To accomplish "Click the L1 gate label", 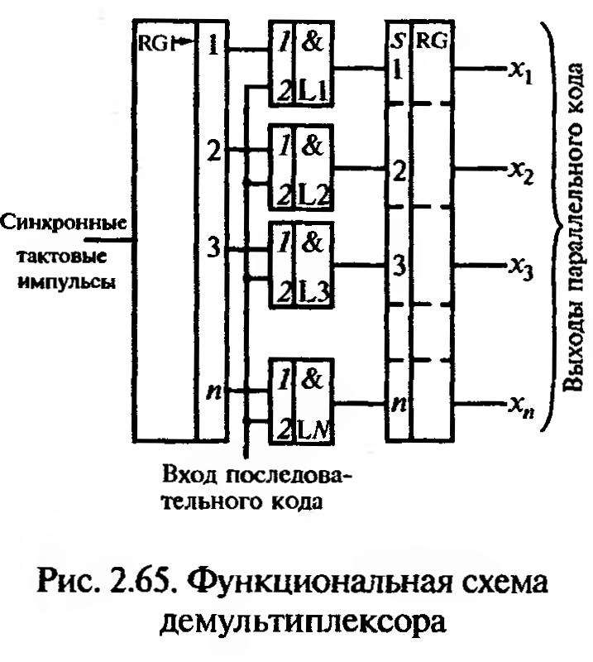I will pos(316,91).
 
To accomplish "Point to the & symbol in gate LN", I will pos(315,382).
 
